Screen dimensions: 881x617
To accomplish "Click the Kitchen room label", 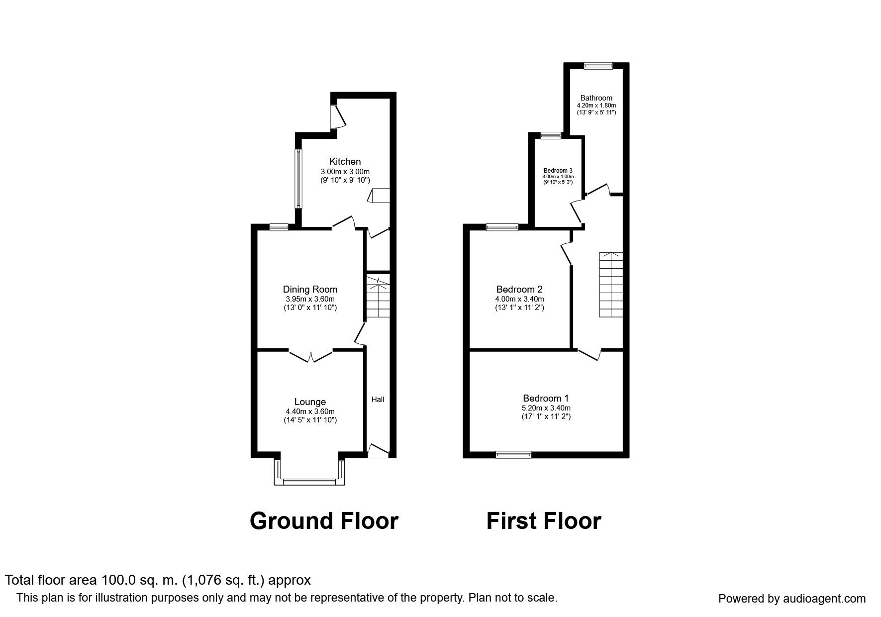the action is [x=345, y=161].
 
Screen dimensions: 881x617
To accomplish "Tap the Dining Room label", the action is [x=310, y=290].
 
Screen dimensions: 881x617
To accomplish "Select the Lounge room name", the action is [x=310, y=402].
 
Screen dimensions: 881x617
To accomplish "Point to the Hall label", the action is [x=378, y=399].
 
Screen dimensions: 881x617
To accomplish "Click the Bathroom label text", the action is [x=596, y=98].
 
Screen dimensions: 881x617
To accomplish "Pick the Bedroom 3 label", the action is [x=558, y=170].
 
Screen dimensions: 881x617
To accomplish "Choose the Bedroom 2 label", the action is [x=519, y=289].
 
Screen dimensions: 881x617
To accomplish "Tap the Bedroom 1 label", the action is [x=546, y=398].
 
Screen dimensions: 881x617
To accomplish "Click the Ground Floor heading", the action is [x=324, y=521].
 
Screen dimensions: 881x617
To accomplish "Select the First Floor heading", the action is [x=544, y=521].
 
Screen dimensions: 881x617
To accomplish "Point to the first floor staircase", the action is [x=610, y=284].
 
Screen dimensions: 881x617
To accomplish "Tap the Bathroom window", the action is [x=598, y=66].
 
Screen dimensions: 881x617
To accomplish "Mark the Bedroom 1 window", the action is [x=513, y=454].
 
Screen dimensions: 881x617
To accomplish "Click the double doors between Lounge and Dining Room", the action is [x=310, y=355].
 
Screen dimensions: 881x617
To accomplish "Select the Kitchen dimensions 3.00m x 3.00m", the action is [x=345, y=172].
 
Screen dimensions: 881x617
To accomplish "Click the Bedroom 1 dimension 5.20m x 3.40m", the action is [x=546, y=408].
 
